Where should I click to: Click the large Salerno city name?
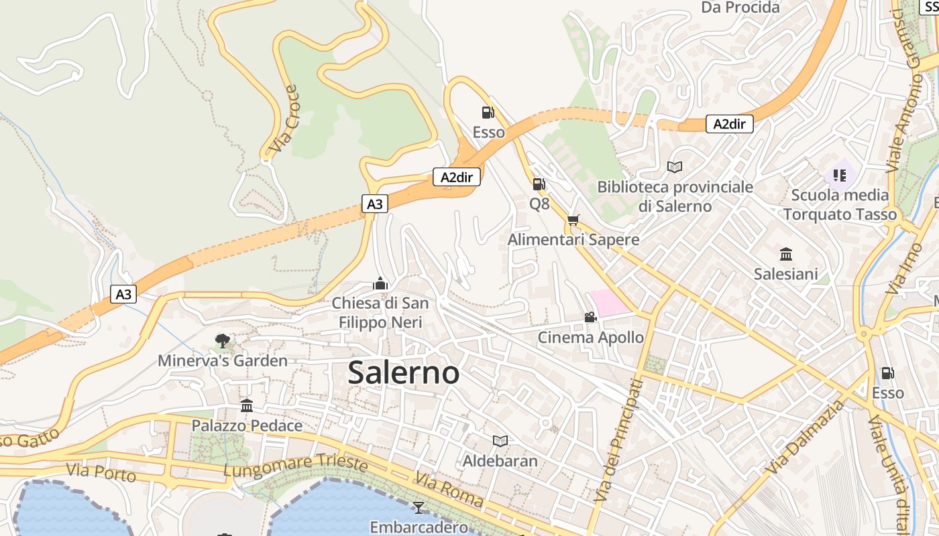(x=403, y=373)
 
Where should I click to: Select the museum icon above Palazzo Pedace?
(x=247, y=406)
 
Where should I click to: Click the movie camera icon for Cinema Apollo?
(x=590, y=318)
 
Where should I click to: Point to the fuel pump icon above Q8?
(x=539, y=184)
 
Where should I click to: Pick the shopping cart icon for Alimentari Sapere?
(x=573, y=220)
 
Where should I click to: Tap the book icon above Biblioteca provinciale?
(x=675, y=167)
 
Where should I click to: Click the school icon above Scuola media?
(x=839, y=176)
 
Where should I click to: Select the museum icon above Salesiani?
(x=786, y=255)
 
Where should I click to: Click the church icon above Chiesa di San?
(x=380, y=283)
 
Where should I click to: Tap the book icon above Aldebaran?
(x=500, y=441)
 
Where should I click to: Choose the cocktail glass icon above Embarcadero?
(x=419, y=507)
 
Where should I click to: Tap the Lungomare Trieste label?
(x=295, y=466)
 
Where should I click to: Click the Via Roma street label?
(x=449, y=490)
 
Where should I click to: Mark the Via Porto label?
(x=101, y=472)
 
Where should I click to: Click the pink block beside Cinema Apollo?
(x=609, y=302)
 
